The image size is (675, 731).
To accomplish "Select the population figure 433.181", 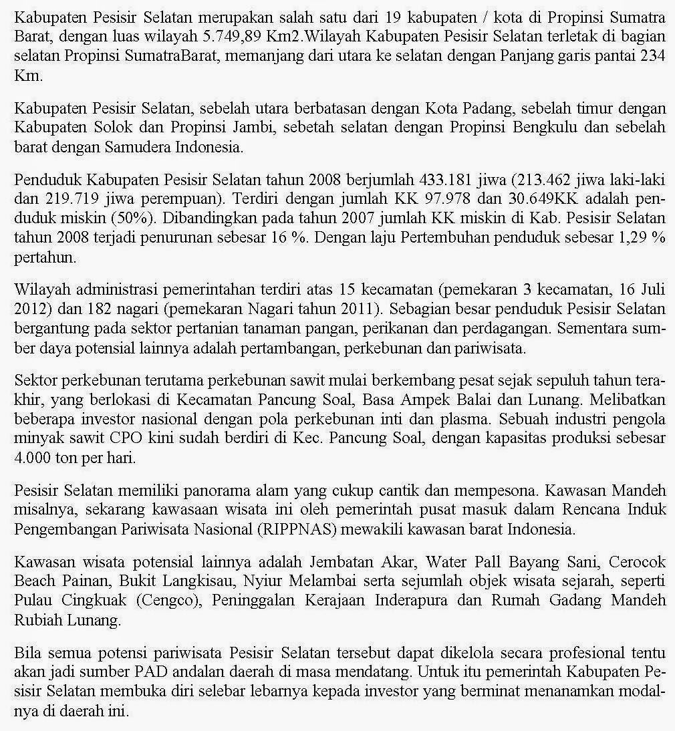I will pyautogui.click(x=442, y=180).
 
